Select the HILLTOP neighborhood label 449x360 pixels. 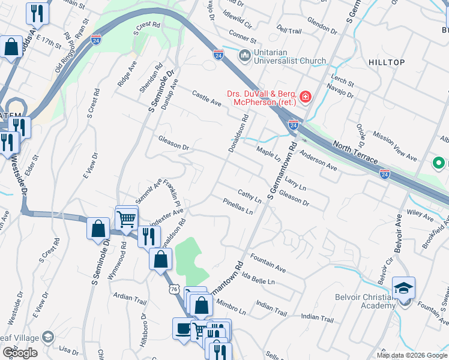(387, 62)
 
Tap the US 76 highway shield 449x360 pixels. (173, 288)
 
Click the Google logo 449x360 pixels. (20, 353)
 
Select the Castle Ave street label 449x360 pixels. (206, 99)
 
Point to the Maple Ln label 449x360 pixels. (268, 154)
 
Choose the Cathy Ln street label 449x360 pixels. (249, 195)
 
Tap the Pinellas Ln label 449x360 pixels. (237, 206)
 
